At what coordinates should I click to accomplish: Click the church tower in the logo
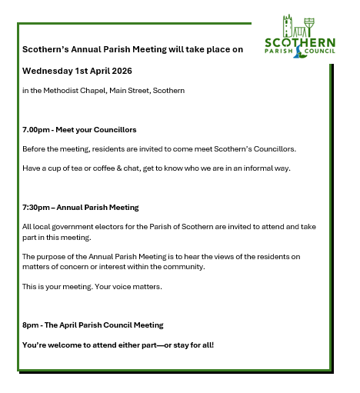coord(288,25)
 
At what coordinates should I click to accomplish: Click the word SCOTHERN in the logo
coord(300,42)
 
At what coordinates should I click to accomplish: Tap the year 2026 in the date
coord(120,70)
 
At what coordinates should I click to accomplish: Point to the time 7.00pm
coord(35,129)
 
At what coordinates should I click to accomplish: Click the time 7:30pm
coord(36,207)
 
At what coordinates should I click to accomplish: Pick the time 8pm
coord(30,325)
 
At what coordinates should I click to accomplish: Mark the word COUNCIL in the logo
coord(319,52)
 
